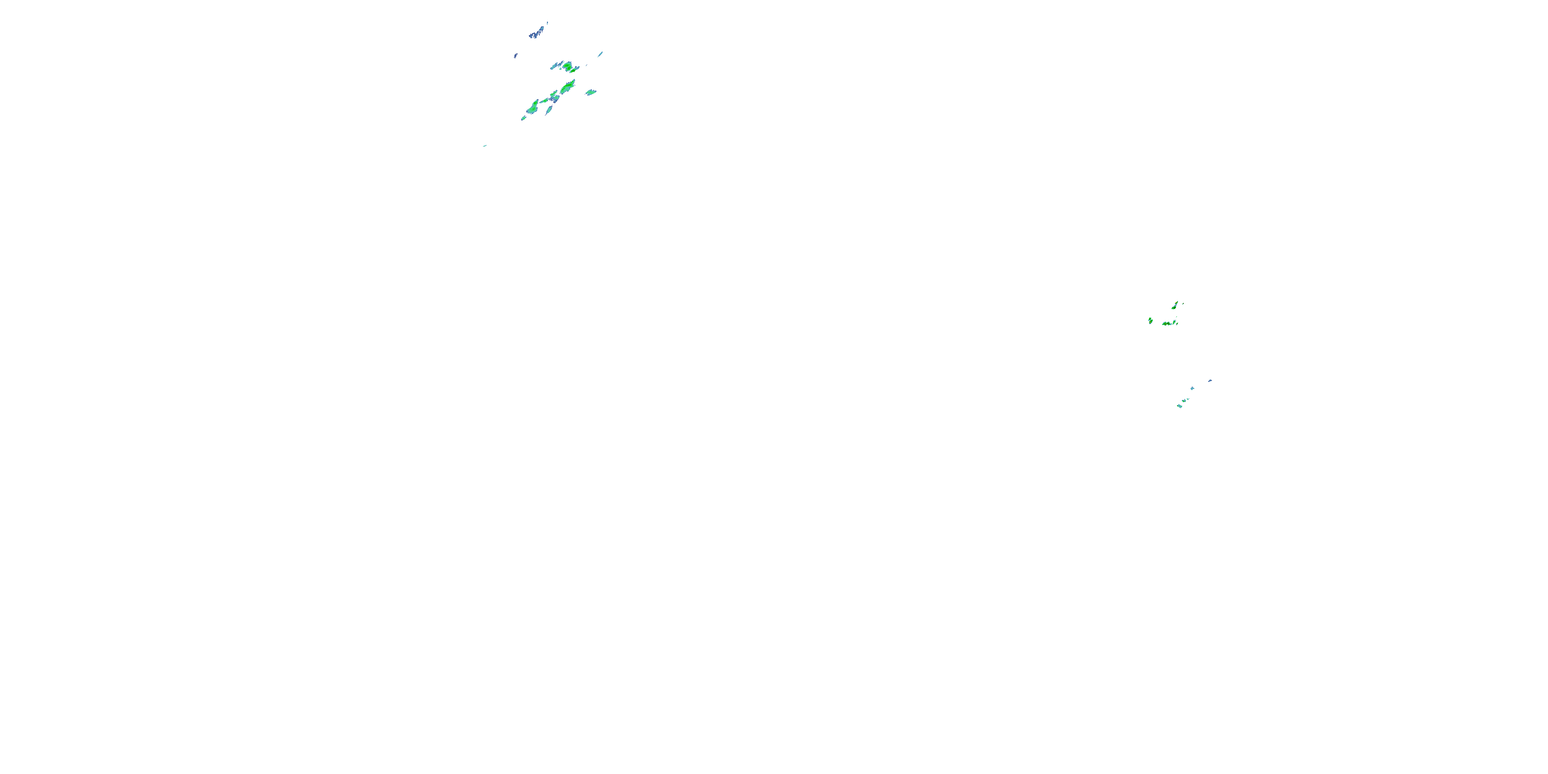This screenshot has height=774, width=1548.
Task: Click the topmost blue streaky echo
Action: coord(538,31)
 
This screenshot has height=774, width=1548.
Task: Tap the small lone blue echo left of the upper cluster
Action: coord(515,56)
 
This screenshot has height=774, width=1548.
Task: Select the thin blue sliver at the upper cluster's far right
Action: coord(600,54)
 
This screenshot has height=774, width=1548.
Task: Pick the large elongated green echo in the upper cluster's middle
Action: coord(567,87)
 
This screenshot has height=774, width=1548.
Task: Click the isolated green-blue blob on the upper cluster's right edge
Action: coord(591,92)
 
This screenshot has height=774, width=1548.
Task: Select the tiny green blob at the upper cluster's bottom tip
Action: coord(523,118)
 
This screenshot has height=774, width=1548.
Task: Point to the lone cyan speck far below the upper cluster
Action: coord(485,146)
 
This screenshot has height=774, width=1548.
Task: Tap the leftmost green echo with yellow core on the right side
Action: coord(1150,321)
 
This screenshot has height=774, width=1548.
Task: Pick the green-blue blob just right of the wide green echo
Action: coord(1176,322)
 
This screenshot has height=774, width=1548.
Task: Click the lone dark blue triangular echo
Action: coord(1210,380)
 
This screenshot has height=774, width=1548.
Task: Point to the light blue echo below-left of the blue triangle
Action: coord(1192,388)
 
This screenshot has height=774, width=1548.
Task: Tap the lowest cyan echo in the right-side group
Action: coord(1180,406)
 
